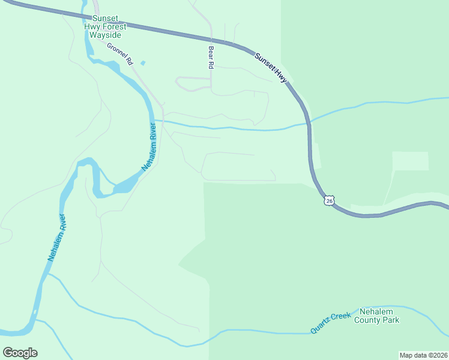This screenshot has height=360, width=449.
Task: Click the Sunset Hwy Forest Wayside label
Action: coord(106,26)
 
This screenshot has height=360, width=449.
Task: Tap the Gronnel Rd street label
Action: coord(119,53)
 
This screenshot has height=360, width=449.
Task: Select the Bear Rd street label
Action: coord(211,56)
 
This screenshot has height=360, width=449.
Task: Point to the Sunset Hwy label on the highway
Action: coord(271,68)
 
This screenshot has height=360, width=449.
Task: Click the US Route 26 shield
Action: coord(328,200)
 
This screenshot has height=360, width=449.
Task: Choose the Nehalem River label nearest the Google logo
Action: coord(56,238)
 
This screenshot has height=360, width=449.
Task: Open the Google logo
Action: coord(20,353)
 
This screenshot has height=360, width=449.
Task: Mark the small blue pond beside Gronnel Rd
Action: coord(142,62)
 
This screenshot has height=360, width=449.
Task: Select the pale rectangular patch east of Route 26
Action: coord(411,161)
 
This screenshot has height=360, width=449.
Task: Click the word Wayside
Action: coord(106,35)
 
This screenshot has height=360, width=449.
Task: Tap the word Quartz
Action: coord(321,327)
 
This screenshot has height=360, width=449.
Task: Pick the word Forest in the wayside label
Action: coord(115,26)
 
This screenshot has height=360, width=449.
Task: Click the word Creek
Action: coord(340,316)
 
